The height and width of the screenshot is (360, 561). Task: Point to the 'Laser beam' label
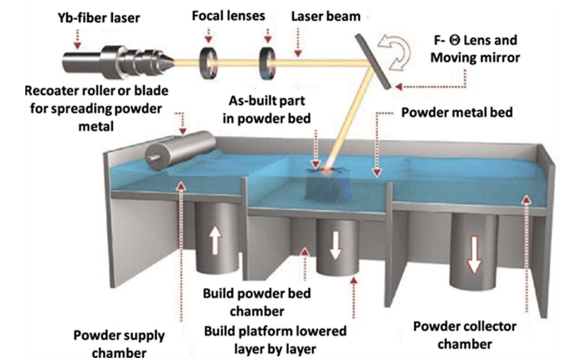pos(326,16)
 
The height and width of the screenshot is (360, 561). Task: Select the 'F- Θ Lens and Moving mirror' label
pos(474,49)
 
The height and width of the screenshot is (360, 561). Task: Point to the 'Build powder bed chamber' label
pos(257,301)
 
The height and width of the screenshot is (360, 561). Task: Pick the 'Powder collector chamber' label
pos(464,335)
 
